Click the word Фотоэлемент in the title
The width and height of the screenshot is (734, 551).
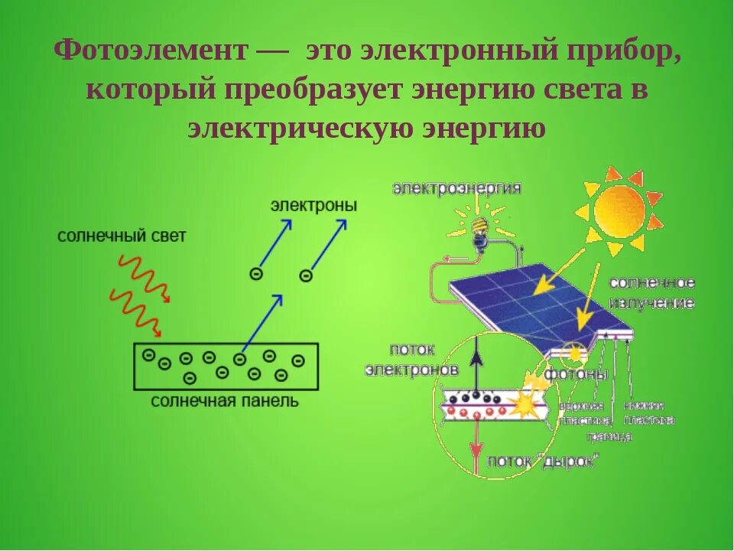[151, 52]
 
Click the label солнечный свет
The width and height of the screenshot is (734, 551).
[122, 236]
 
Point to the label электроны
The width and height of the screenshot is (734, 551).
[313, 206]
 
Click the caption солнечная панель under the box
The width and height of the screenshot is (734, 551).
[224, 400]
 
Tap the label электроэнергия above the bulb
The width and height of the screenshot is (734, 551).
[457, 188]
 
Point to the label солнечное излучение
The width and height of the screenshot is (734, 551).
[652, 293]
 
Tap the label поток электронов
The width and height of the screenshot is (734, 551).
[412, 360]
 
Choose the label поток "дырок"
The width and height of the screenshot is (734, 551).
[543, 461]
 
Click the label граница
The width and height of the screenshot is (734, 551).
[609, 436]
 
